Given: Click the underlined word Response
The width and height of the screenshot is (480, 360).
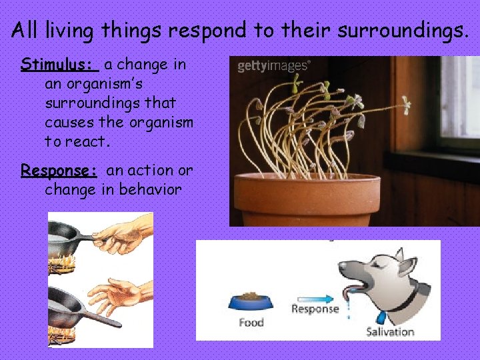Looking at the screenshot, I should (x=59, y=171).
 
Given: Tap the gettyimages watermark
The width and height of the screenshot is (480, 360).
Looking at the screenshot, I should (x=273, y=66).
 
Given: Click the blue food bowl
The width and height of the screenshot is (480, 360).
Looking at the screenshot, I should (x=250, y=301).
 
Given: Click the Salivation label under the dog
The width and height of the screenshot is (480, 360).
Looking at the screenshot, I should (x=390, y=331).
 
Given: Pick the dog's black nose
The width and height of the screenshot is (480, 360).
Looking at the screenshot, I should (x=343, y=268).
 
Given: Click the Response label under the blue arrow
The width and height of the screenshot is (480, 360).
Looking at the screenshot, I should (x=315, y=309).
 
